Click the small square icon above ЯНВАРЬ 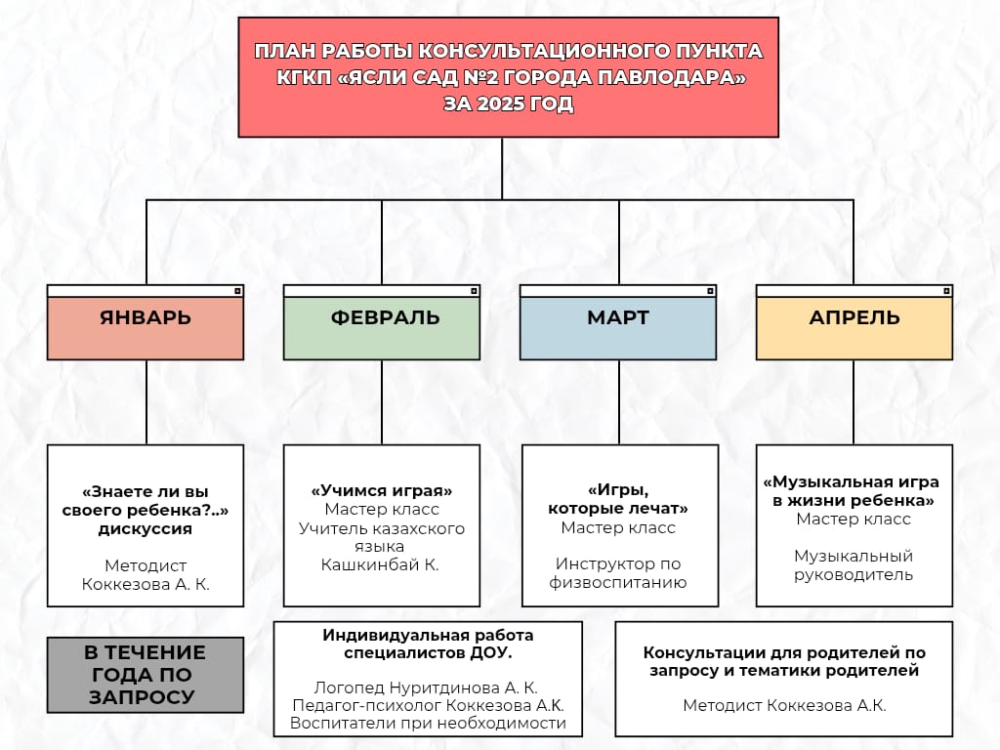click(237, 291)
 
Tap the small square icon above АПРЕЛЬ click(946, 291)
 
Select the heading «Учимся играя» click(382, 490)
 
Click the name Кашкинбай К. click(382, 564)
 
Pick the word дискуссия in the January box click(146, 529)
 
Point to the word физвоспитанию click(617, 583)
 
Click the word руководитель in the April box click(854, 574)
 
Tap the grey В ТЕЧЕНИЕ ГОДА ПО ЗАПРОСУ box click(146, 675)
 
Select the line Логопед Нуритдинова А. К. click(428, 687)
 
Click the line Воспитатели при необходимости click(428, 723)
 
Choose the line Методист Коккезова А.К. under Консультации click(784, 705)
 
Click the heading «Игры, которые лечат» click(617, 499)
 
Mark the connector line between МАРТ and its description click(618, 402)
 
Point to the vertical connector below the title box click(502, 168)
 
